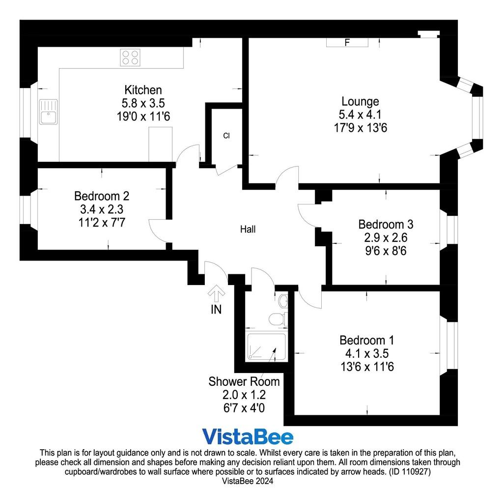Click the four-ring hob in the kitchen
[x=130, y=58]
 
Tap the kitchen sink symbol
[x=49, y=112]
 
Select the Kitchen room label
[x=143, y=89]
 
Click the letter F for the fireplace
[x=347, y=42]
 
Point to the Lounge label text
[x=360, y=101]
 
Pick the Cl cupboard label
[x=226, y=136]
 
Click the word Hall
[x=248, y=229]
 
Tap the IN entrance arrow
[x=217, y=293]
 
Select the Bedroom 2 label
[x=102, y=196]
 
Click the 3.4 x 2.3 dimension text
[x=102, y=209]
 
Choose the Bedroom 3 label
[x=386, y=224]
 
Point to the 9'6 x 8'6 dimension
[x=386, y=251]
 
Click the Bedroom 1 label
[x=367, y=340]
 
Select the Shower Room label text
[x=244, y=381]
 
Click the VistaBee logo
[x=248, y=437]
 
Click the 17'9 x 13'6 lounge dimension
[x=360, y=128]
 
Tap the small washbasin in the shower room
[x=283, y=301]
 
